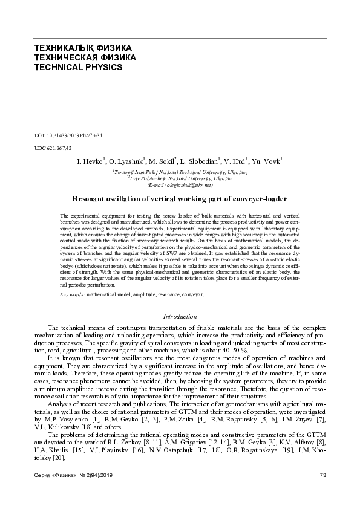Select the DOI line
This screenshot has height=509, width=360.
click(x=66, y=135)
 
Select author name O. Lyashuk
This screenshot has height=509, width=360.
click(x=125, y=162)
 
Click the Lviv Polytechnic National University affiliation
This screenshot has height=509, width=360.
click(x=179, y=180)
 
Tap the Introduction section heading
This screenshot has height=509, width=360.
click(x=180, y=316)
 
